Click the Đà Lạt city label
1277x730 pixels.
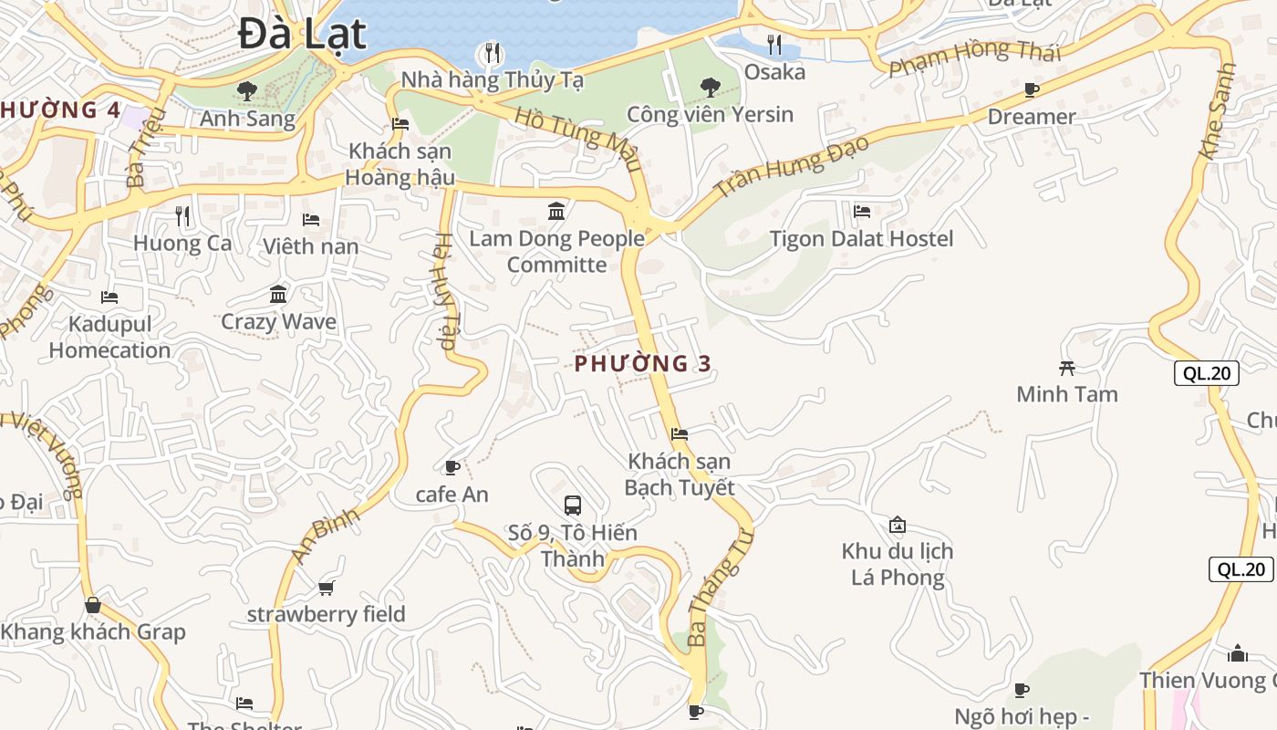[302, 35]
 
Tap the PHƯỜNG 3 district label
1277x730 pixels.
[643, 363]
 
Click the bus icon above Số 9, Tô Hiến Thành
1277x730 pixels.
[573, 505]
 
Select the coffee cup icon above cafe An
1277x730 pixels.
[452, 468]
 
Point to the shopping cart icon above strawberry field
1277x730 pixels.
[326, 588]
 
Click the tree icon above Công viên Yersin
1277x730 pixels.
[710, 88]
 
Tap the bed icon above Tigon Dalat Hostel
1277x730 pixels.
[861, 212]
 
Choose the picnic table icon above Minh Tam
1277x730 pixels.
[1066, 368]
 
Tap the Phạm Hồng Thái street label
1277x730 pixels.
[975, 57]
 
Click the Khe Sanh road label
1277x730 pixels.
[1218, 99]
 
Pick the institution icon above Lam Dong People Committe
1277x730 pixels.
[556, 212]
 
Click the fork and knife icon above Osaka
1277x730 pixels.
[774, 44]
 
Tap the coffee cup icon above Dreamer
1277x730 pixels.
[1032, 89]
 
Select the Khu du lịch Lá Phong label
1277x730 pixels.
[898, 564]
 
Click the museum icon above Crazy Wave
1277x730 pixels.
[278, 295]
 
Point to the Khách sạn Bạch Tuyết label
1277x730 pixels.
[680, 474]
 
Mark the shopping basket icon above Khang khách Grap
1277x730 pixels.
[92, 605]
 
